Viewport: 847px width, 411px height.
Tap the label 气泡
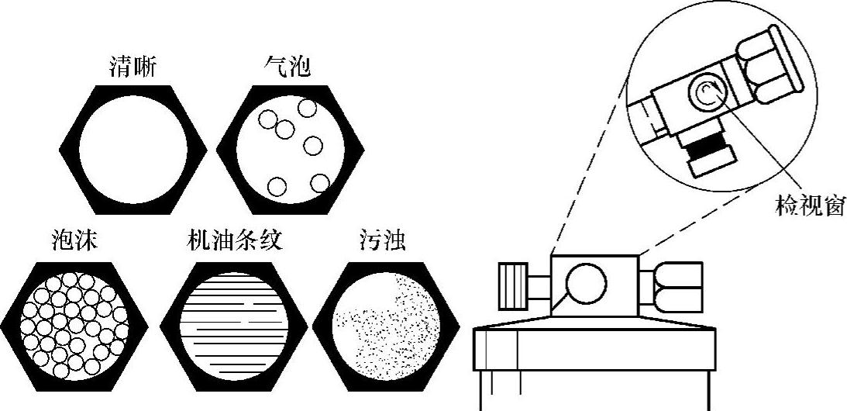point(287,68)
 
